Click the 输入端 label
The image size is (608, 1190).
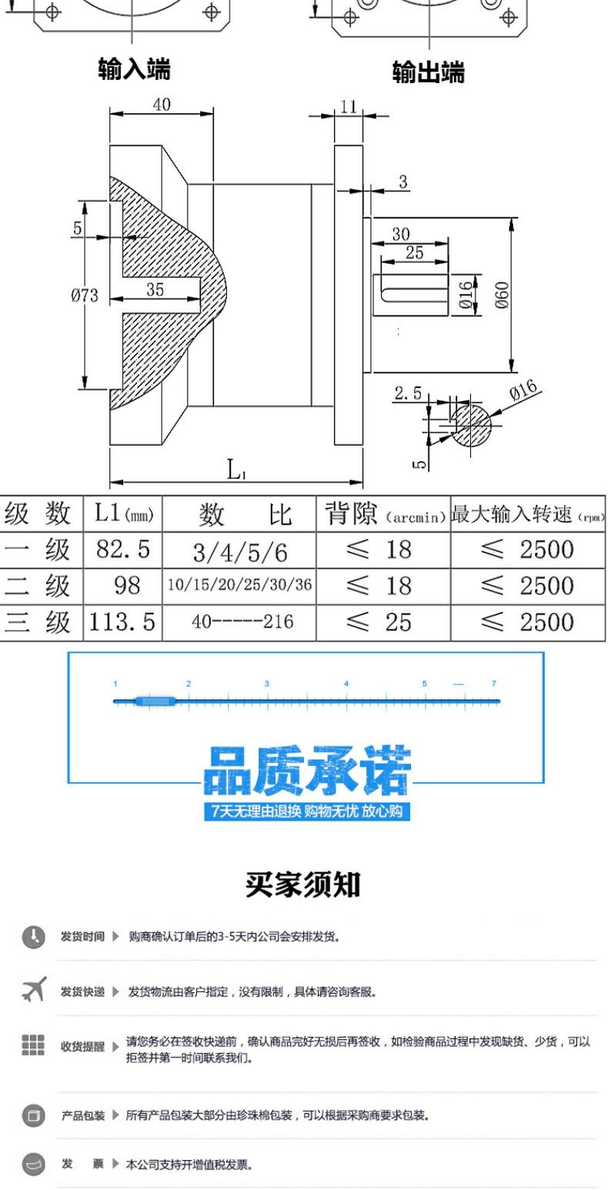click(134, 70)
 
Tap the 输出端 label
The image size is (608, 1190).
click(428, 72)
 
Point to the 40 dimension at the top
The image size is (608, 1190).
click(162, 105)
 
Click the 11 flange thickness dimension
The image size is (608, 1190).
click(349, 106)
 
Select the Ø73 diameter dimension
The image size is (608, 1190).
click(85, 296)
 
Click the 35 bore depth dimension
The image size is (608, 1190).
click(155, 289)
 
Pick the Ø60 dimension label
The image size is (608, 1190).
click(501, 294)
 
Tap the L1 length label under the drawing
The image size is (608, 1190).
click(236, 469)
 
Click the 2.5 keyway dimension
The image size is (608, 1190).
click(408, 393)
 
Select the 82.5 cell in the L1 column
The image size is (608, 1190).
click(122, 550)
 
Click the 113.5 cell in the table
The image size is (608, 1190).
click(122, 622)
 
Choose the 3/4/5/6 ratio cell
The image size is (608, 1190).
click(239, 551)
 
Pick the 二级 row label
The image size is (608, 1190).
click(41, 587)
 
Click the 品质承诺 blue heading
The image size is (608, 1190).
click(306, 771)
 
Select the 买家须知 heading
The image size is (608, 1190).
click(302, 884)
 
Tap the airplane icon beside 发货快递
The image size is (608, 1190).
click(33, 990)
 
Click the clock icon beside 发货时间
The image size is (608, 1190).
click(33, 937)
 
